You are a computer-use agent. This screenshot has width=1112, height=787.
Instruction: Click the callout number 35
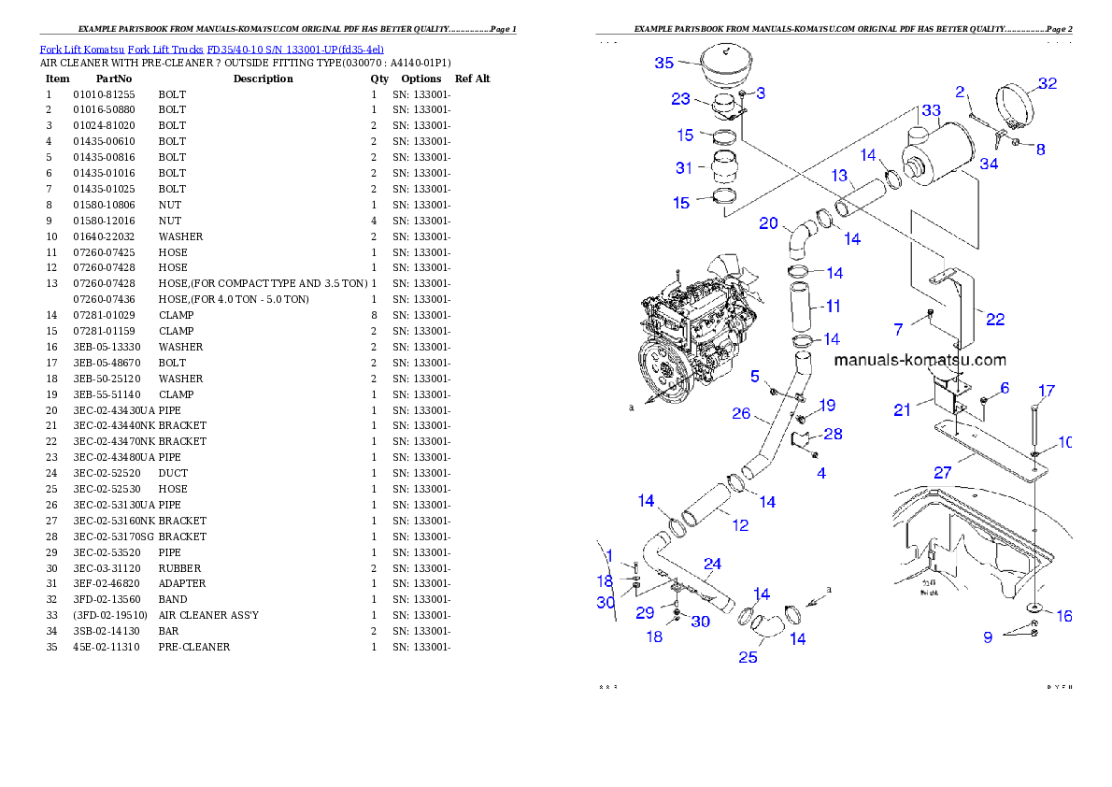click(x=663, y=63)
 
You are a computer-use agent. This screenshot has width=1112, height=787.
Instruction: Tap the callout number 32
click(x=1048, y=83)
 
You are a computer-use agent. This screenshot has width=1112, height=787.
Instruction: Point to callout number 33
click(x=931, y=110)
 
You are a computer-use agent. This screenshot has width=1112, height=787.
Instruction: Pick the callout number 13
click(x=839, y=176)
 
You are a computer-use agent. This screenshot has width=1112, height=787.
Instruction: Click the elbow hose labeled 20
click(x=798, y=239)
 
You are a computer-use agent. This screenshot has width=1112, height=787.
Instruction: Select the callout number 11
click(x=833, y=306)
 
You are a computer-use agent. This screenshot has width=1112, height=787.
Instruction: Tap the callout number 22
click(x=995, y=320)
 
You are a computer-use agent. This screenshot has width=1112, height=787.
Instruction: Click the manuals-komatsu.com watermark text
click(x=920, y=360)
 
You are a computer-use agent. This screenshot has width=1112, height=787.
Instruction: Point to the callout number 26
click(x=741, y=413)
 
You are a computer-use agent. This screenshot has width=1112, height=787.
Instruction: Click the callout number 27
click(x=943, y=473)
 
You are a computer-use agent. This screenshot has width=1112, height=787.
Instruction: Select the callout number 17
click(x=1047, y=391)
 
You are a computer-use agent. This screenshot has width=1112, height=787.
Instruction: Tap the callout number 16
click(x=1064, y=616)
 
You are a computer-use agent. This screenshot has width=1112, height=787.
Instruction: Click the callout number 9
click(x=987, y=637)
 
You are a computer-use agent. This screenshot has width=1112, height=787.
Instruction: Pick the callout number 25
click(x=748, y=657)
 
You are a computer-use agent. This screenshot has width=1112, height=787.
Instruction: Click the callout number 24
click(x=712, y=564)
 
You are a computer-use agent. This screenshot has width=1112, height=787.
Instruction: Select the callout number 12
click(x=740, y=525)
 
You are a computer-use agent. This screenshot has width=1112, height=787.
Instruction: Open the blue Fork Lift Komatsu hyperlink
click(x=211, y=49)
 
